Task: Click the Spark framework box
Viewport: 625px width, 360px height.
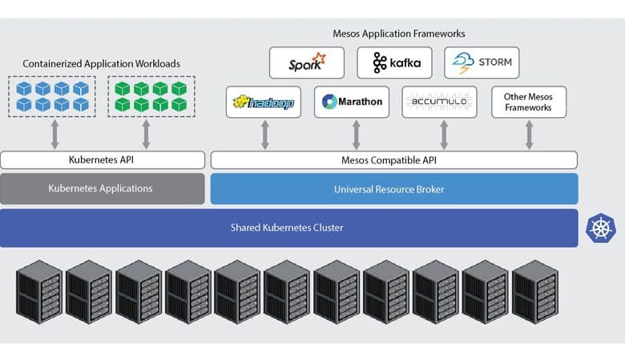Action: click(307, 63)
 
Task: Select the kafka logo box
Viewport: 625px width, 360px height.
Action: click(394, 63)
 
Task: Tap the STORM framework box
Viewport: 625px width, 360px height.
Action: click(482, 63)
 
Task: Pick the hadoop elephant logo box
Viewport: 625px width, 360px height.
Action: click(263, 102)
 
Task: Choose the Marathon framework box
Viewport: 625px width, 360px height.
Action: click(351, 102)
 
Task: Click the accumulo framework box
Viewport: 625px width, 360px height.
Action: click(439, 102)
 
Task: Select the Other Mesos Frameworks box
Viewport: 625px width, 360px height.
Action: click(529, 102)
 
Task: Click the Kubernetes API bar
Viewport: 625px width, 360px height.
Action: click(103, 160)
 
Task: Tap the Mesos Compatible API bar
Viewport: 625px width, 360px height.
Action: click(393, 160)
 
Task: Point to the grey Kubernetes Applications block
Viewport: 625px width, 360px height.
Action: click(103, 188)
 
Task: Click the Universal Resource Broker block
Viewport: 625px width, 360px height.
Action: click(394, 189)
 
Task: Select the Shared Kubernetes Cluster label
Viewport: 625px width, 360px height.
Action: click(287, 228)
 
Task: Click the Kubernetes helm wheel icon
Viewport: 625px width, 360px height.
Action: click(601, 228)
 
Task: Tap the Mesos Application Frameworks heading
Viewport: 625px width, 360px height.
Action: click(398, 34)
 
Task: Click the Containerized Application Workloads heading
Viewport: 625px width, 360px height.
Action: click(101, 64)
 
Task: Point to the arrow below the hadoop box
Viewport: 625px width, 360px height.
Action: click(265, 135)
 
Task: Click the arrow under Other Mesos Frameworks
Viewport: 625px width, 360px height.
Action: click(530, 135)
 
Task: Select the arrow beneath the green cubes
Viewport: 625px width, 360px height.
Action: click(147, 135)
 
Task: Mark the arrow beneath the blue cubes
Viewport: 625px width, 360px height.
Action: click(55, 135)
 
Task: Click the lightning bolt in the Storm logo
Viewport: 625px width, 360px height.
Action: click(465, 71)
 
